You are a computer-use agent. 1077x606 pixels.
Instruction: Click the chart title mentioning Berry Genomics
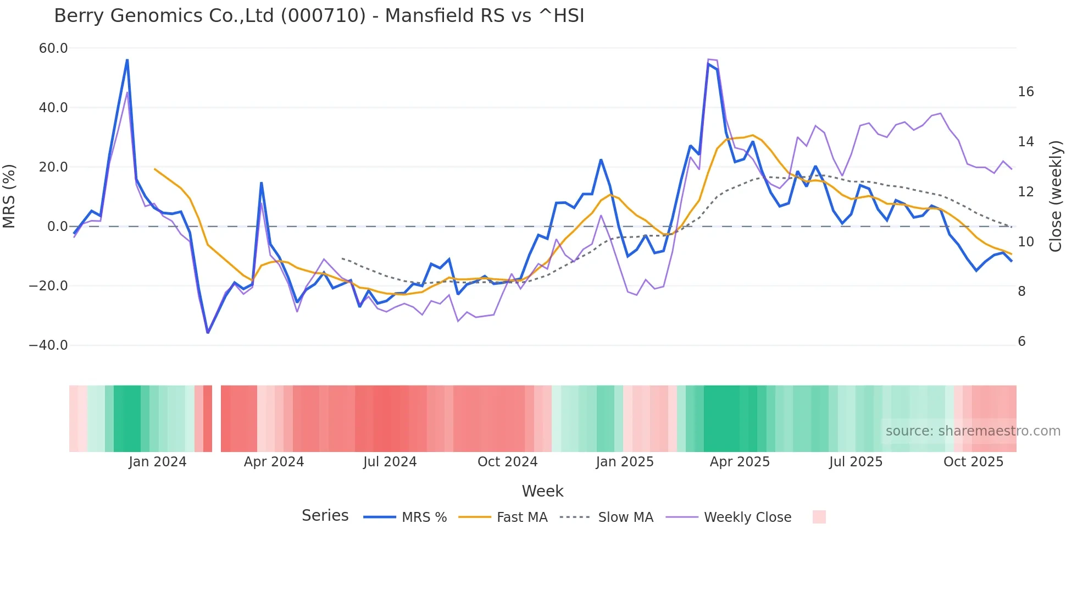pos(319,16)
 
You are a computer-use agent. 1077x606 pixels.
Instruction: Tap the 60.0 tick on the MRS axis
pos(53,48)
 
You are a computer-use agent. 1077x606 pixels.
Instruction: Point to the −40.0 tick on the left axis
pos(48,345)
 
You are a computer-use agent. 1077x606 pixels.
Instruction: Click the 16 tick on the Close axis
pos(1025,92)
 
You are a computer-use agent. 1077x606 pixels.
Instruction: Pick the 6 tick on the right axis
pos(1022,341)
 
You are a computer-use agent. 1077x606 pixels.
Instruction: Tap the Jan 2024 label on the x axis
pos(158,462)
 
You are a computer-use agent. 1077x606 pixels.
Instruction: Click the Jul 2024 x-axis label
pos(390,462)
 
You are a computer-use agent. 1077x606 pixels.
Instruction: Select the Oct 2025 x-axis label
pos(973,462)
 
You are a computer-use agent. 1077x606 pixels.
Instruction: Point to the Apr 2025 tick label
pos(740,462)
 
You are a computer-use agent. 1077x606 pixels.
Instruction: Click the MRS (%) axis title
pos(9,196)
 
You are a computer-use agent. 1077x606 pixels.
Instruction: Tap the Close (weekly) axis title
pos(1055,196)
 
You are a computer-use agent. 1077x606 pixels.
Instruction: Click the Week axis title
pos(542,491)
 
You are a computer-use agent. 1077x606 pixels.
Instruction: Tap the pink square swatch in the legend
pos(819,517)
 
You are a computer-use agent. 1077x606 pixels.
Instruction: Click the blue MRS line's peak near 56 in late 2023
pos(127,60)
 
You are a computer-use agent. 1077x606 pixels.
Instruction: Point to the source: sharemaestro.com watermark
pos(973,431)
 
